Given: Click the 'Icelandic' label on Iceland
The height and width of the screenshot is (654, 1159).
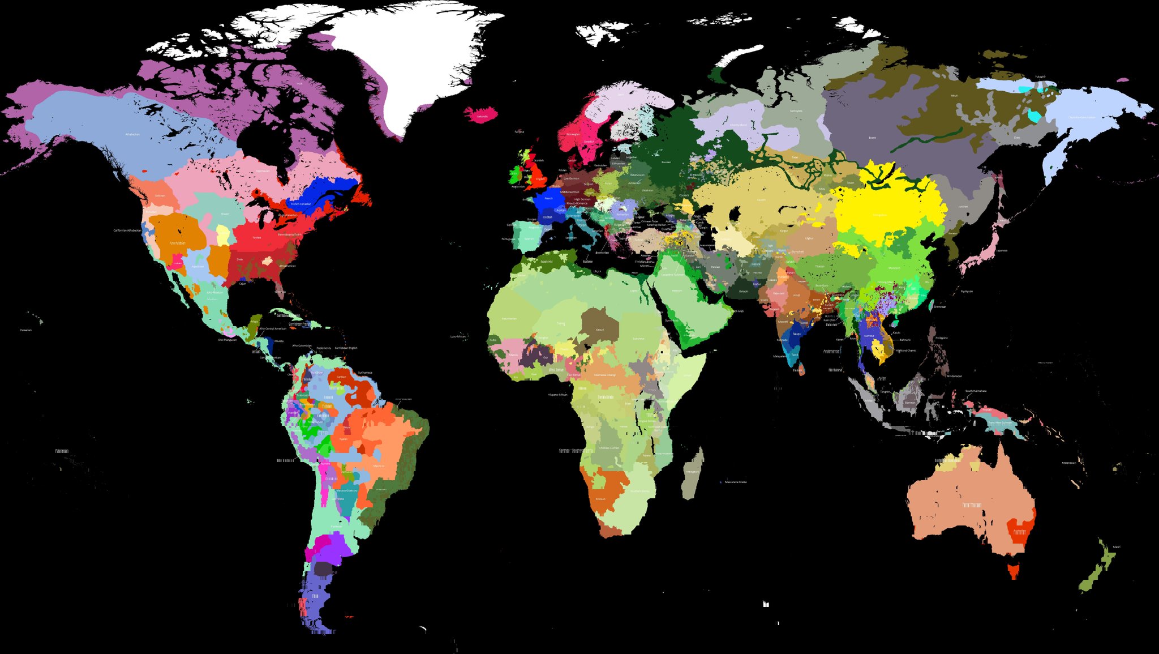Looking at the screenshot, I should [482, 117].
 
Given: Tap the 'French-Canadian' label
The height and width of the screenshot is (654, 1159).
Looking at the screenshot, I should [301, 204].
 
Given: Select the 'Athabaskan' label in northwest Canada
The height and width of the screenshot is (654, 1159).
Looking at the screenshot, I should [132, 134].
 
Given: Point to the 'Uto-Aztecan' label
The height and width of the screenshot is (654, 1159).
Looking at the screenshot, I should [178, 243].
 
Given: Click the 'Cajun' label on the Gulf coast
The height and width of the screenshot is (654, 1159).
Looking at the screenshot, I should [242, 284].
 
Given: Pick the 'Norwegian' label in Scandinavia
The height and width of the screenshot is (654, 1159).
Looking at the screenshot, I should [573, 134].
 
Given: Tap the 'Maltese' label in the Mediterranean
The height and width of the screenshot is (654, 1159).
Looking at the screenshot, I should [587, 262].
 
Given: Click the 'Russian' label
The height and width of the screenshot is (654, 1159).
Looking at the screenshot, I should [666, 162].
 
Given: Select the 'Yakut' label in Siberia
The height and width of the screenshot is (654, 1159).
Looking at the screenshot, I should [954, 96].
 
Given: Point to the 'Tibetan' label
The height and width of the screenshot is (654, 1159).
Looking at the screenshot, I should [819, 266].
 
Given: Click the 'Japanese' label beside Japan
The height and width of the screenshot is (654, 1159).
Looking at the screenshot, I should [1002, 250].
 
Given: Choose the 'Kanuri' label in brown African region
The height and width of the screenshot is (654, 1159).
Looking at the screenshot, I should [600, 330].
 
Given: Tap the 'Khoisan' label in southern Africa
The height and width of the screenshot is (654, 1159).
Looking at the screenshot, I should [600, 499].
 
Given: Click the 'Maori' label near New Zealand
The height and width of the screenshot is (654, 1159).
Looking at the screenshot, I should [1117, 547].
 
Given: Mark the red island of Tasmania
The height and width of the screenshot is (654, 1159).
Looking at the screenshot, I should [1013, 568].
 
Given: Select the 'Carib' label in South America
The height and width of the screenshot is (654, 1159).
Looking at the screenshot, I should [341, 377].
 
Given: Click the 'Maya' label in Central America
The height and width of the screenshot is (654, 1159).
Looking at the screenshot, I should [254, 322].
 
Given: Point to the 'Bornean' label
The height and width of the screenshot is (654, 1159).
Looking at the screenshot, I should [910, 403].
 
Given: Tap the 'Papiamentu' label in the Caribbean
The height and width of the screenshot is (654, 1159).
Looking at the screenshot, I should [324, 348].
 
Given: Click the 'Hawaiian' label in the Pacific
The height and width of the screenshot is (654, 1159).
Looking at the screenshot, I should [26, 330].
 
